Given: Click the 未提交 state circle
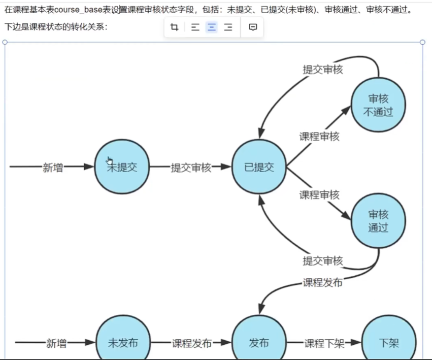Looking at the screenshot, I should pos(122,167).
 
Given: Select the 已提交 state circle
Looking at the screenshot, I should pos(259,167).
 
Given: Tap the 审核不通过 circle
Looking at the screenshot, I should pos(378,105).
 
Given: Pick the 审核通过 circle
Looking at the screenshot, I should pos(378,221).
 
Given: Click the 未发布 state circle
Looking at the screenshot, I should pos(123,343).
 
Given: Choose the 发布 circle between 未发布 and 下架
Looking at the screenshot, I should pos(259,343).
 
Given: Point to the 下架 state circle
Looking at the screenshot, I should pos(389,343).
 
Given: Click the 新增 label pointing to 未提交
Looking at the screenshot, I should pos(53,168).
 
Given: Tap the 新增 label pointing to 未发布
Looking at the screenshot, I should pos(56,344).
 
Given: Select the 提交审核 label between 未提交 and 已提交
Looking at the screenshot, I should pos(191,168).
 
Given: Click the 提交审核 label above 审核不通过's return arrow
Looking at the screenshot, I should pos(323,70).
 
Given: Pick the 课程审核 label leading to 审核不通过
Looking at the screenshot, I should pos(319,136).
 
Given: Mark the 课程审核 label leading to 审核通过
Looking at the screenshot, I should pos(319,195).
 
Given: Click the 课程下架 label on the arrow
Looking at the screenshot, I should pos(324,344).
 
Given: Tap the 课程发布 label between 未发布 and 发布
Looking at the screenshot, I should pos(192,344).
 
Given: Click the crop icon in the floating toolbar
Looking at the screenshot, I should pos(175,27).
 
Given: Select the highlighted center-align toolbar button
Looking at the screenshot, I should pos(212,27).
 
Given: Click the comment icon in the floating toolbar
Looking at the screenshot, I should pos(253,27).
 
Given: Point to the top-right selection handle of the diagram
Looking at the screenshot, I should pos(422,42).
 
